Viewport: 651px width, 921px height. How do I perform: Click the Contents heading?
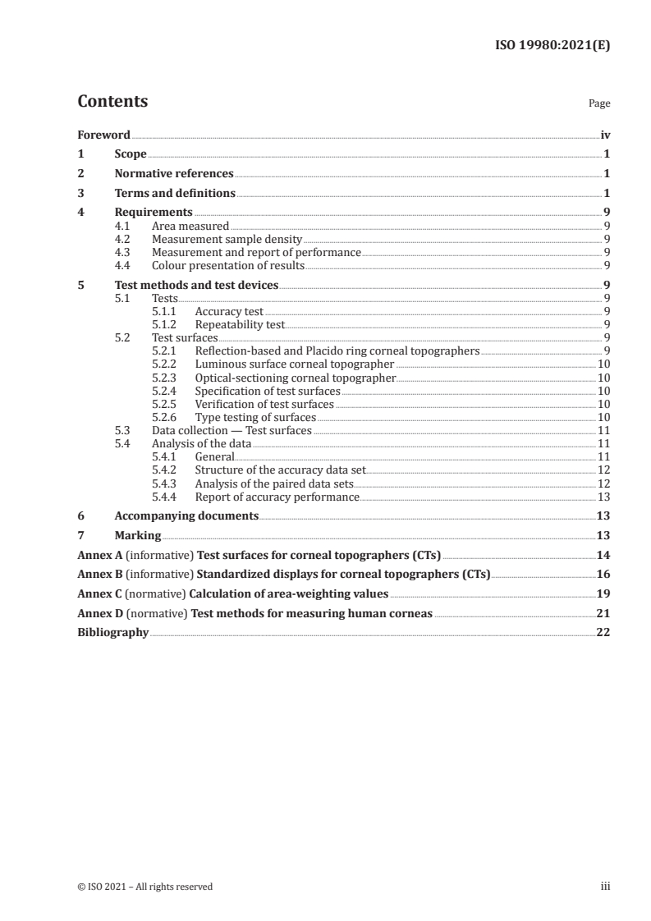(x=112, y=102)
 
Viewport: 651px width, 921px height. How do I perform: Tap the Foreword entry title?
(x=103, y=135)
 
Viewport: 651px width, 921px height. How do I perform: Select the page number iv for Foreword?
(x=605, y=135)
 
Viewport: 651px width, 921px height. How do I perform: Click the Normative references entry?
(x=174, y=174)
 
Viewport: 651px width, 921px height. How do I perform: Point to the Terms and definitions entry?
(x=175, y=194)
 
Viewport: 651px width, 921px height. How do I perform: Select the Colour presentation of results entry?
(x=228, y=265)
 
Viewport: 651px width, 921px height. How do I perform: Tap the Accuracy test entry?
(x=229, y=312)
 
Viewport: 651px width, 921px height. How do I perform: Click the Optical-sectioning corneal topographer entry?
(x=296, y=378)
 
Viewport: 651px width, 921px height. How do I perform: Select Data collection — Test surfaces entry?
(x=232, y=430)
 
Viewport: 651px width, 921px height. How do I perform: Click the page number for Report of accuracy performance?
(x=603, y=497)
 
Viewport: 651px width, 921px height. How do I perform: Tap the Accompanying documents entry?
(x=186, y=515)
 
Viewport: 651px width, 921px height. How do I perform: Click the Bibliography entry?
(x=112, y=633)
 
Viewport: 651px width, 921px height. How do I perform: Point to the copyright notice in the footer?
(x=144, y=887)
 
